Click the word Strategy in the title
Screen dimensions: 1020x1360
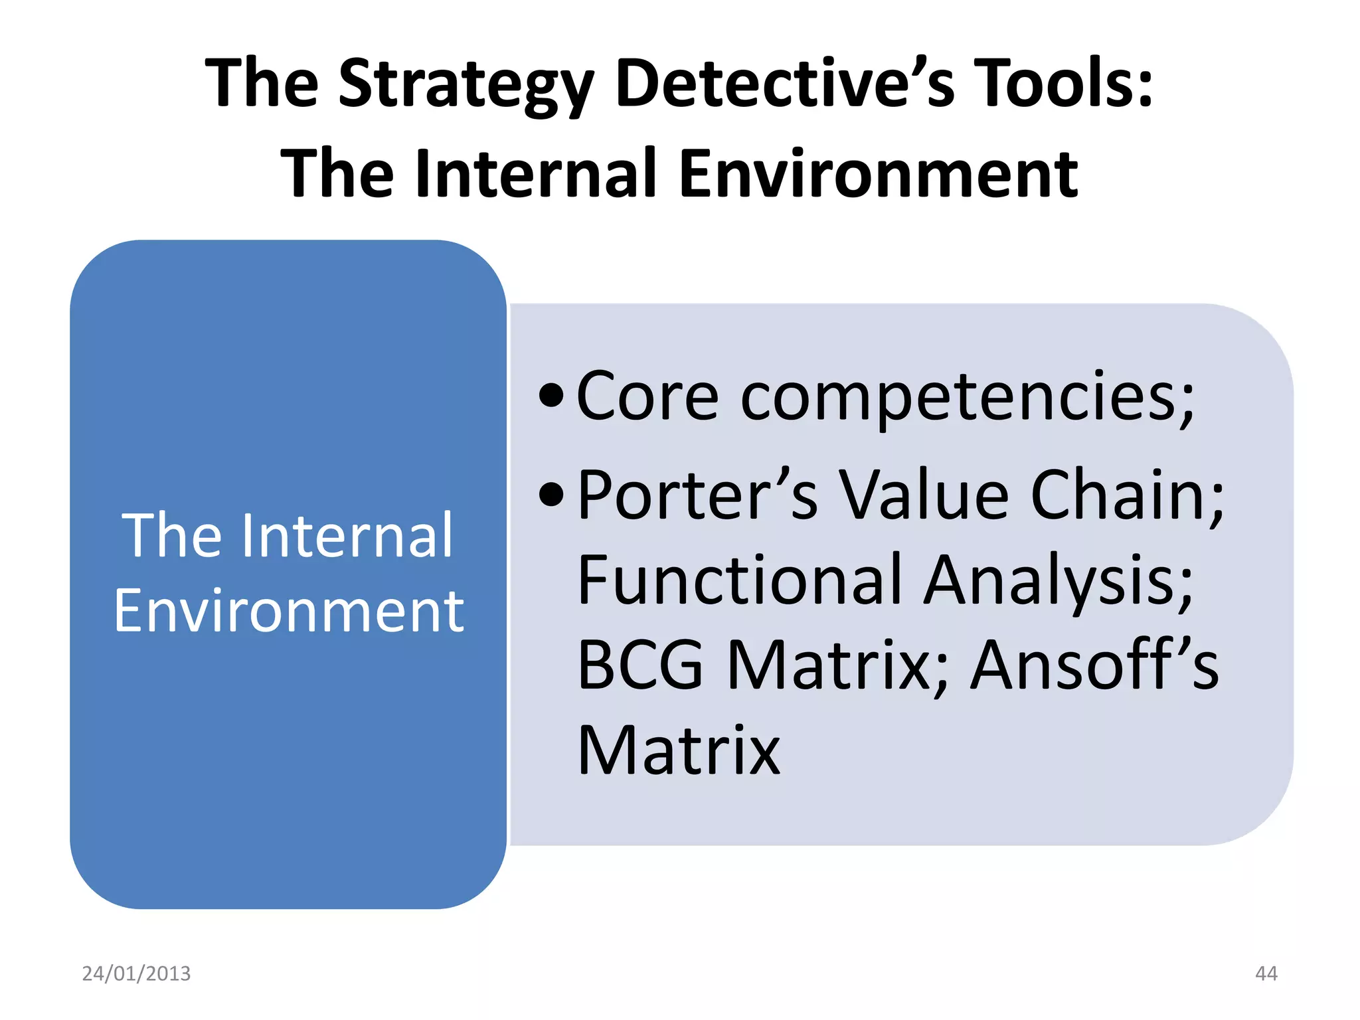(x=465, y=84)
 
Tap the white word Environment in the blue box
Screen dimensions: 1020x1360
(x=289, y=611)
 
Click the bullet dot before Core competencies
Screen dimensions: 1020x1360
(x=551, y=396)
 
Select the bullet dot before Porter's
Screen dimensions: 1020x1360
(x=551, y=495)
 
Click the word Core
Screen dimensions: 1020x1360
(x=647, y=396)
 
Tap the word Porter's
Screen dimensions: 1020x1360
(x=697, y=495)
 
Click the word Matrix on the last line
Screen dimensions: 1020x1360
(x=679, y=750)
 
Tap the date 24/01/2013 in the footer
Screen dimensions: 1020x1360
(x=136, y=974)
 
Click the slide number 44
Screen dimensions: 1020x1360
(x=1266, y=974)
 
